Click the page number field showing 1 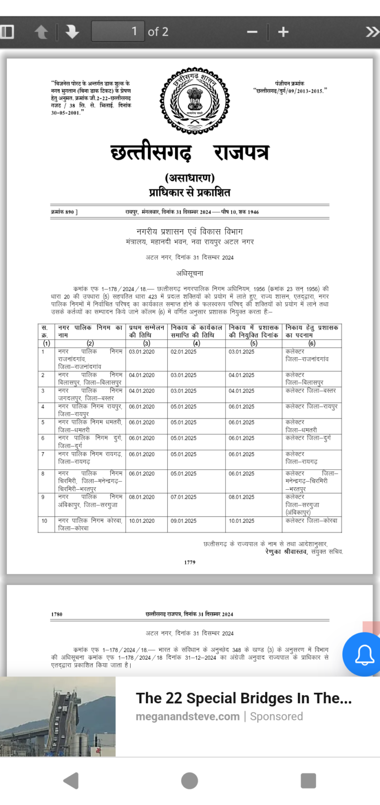click(118, 32)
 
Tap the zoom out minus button click(252, 32)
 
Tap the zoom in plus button click(283, 32)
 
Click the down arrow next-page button click(72, 32)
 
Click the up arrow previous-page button click(42, 32)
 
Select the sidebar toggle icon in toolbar click(7, 32)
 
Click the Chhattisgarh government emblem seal click(194, 101)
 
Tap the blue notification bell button click(364, 655)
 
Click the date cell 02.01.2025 click(184, 352)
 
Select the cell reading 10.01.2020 click(142, 521)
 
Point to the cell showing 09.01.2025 click(184, 521)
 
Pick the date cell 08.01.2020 click(142, 497)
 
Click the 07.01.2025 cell click(184, 497)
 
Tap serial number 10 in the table click(45, 521)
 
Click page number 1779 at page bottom click(190, 562)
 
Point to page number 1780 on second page click(57, 614)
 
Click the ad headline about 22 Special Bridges click(243, 698)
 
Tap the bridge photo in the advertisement click(57, 717)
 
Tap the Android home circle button click(190, 781)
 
